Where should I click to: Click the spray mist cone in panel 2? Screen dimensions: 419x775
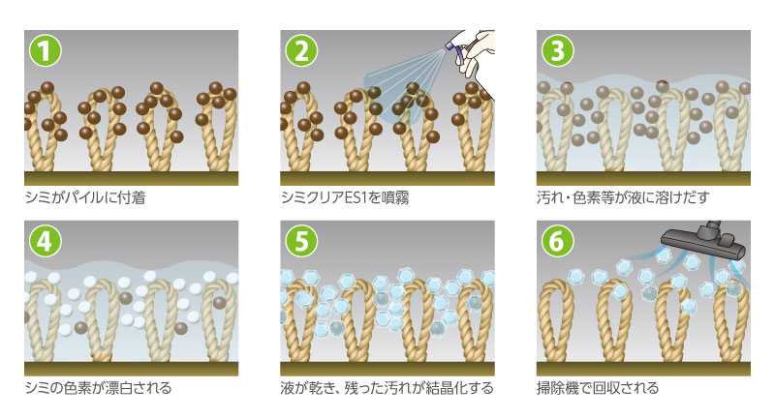click(x=402, y=82)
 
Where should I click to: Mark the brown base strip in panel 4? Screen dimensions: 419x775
click(x=130, y=369)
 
